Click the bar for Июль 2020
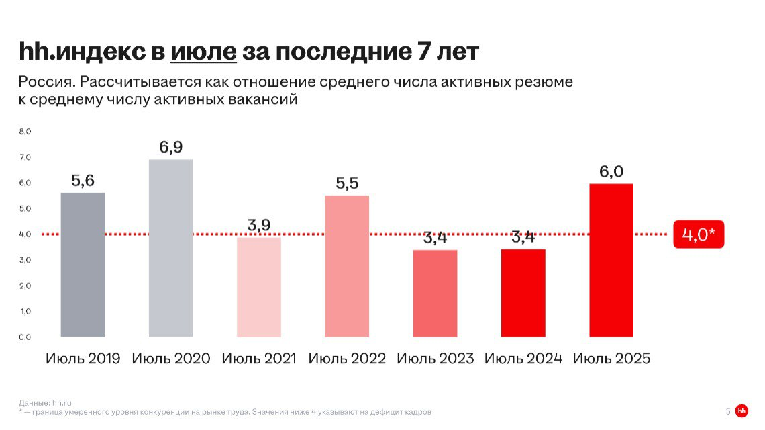click(170, 248)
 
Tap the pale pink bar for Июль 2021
click(259, 287)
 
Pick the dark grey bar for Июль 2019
click(83, 265)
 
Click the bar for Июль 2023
click(435, 293)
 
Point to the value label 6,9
click(170, 147)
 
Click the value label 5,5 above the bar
click(347, 183)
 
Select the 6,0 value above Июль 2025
click(611, 171)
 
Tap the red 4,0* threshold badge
click(699, 235)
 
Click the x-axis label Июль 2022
click(347, 359)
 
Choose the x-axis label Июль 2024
click(523, 359)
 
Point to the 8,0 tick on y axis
click(24, 132)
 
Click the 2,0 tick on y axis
click(24, 286)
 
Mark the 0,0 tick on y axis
click(24, 337)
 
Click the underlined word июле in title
click(203, 51)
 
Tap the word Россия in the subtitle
click(44, 83)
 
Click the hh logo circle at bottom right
click(742, 411)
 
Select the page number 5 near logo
click(727, 411)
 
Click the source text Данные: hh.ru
click(45, 402)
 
